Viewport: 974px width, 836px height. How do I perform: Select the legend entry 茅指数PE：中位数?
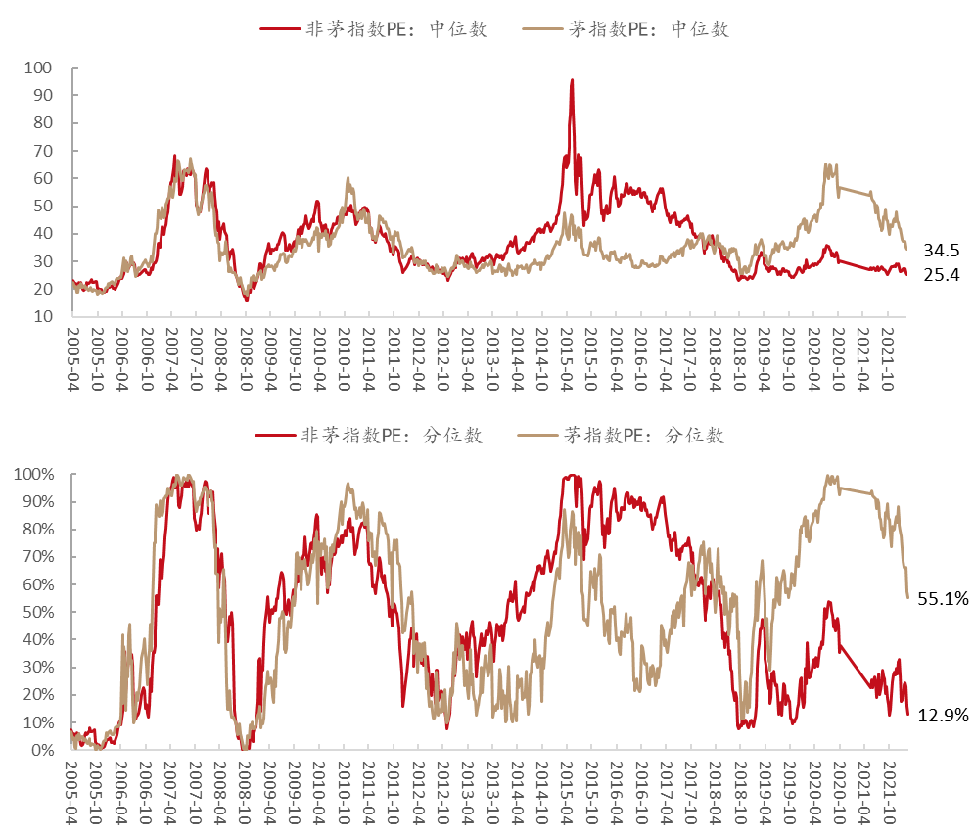[649, 28]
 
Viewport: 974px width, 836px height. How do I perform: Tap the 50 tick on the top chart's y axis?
[43, 207]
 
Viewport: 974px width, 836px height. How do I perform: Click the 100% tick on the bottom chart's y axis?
[35, 475]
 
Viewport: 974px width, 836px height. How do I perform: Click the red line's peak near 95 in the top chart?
[572, 81]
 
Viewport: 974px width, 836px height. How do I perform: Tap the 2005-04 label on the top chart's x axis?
[72, 357]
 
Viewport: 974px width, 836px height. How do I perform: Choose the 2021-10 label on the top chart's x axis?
[887, 357]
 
